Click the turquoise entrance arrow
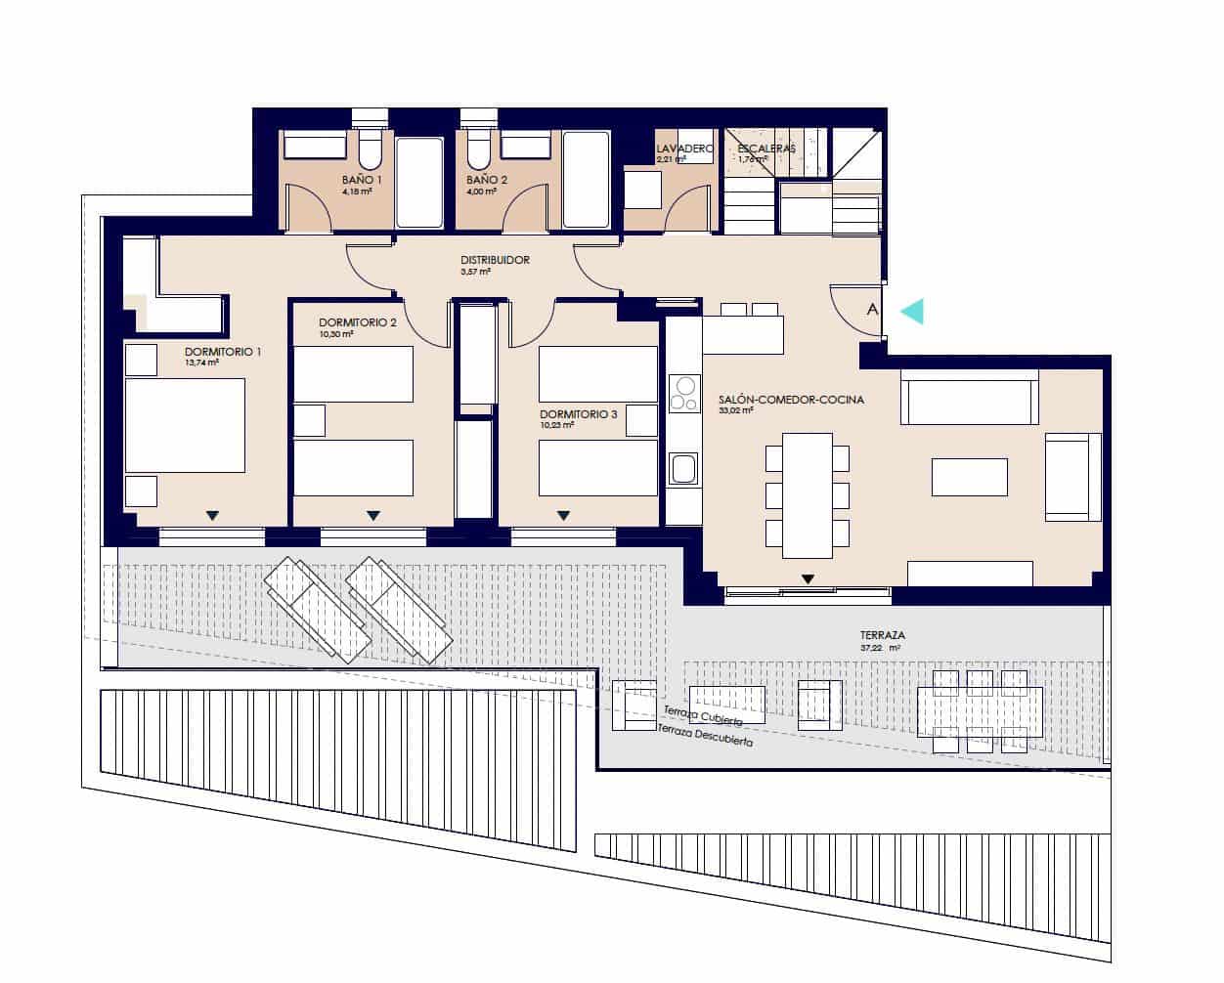pos(910,311)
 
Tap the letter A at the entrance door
pos(872,310)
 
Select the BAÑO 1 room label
pos(361,181)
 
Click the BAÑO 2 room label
pos(486,181)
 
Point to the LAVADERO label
pos(684,149)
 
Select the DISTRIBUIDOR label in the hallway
pos(495,261)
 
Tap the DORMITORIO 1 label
pos(223,352)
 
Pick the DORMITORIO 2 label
pos(357,322)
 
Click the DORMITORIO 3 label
pos(578,414)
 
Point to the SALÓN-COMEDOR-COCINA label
pos(790,400)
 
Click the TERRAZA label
pos(882,635)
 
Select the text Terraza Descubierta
pos(704,736)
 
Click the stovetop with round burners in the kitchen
pos(683,394)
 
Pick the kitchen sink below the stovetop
pos(682,469)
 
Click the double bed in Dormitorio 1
pos(185,425)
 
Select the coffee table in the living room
pos(968,477)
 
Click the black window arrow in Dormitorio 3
pos(563,515)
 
